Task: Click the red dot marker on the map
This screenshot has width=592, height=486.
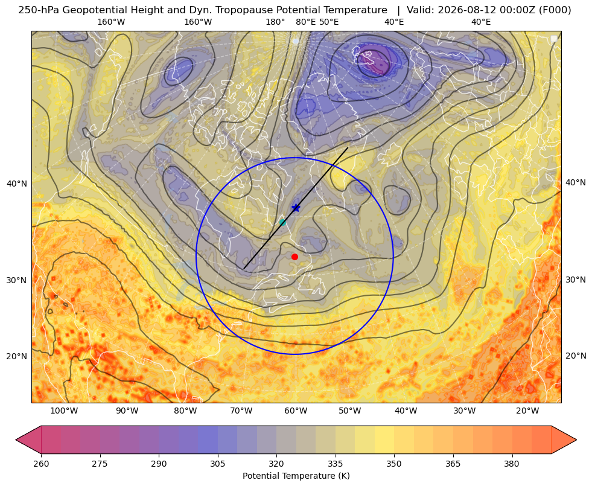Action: point(295,257)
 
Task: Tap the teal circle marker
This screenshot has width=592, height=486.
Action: point(282,222)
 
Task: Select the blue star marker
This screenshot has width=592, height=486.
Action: point(296,208)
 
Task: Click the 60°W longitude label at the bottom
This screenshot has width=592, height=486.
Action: point(296,411)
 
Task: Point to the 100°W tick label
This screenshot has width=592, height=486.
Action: point(64,411)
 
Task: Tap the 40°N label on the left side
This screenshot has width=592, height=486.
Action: point(17,184)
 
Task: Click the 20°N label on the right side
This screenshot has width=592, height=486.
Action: point(576,356)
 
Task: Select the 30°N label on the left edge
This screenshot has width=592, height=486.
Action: point(17,280)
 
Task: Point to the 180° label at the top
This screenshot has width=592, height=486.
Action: point(275,22)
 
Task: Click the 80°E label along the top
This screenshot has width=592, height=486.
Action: point(306,22)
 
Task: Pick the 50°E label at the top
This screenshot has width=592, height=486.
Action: point(329,22)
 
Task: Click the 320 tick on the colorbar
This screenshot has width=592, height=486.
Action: point(276,464)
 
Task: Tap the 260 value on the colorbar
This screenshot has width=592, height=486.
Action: point(41,464)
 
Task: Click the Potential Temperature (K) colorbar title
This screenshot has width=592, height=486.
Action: point(296,476)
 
